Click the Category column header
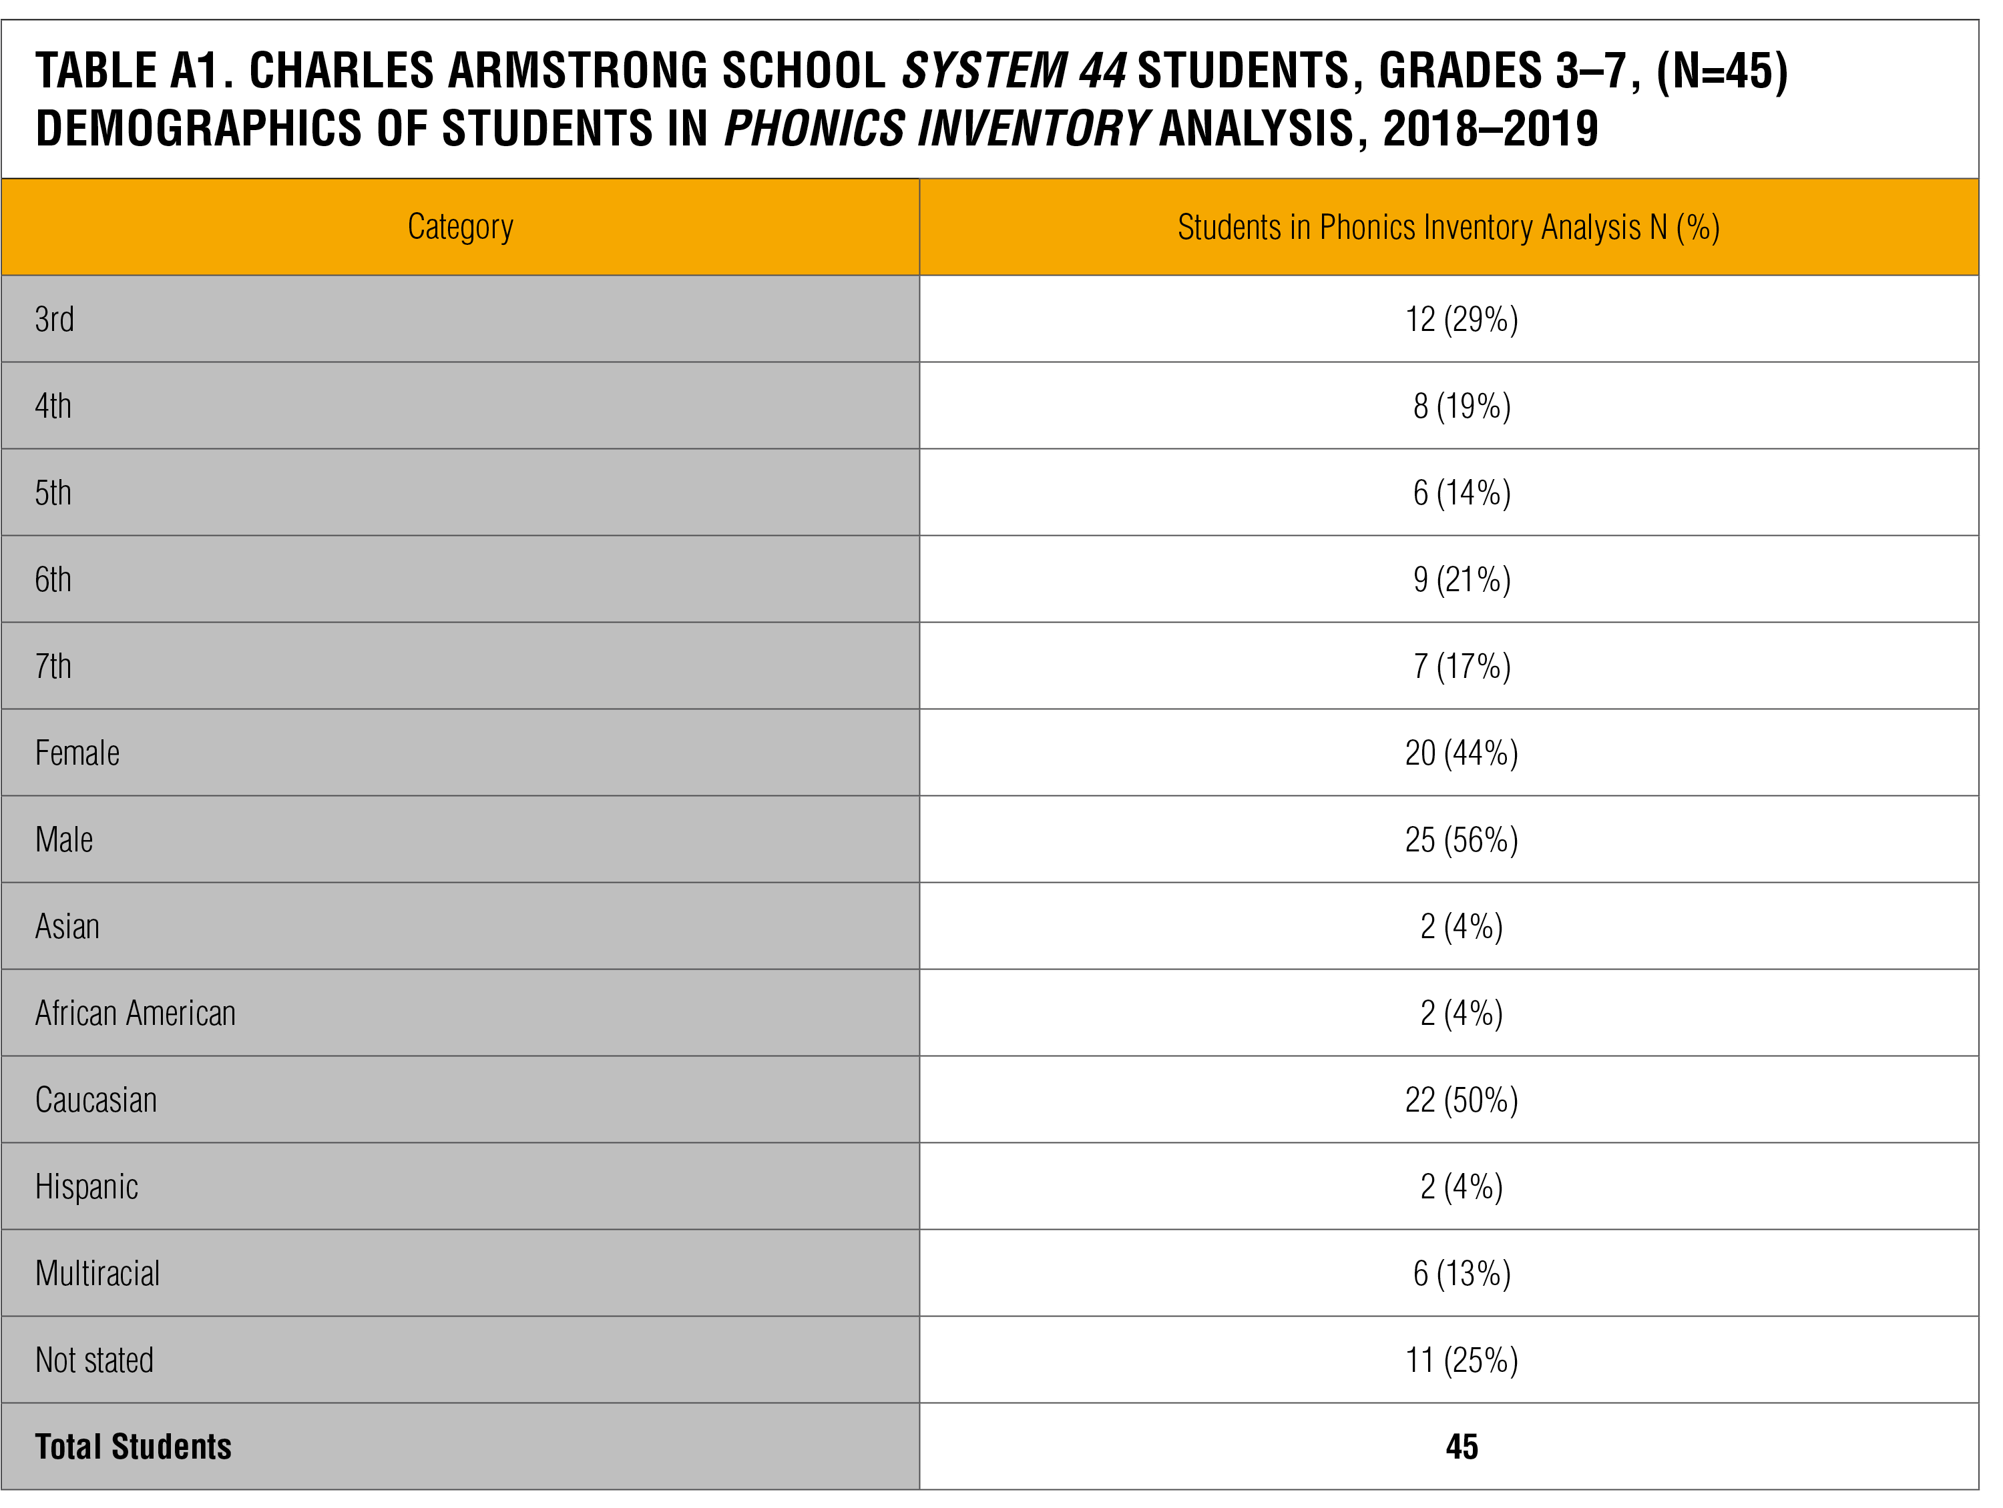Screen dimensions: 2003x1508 click(x=460, y=226)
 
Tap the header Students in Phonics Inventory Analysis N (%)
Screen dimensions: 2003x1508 click(x=1448, y=227)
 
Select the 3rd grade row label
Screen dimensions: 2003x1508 click(x=54, y=320)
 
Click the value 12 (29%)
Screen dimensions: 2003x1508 click(x=1462, y=320)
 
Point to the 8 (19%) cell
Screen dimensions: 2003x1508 click(x=1462, y=406)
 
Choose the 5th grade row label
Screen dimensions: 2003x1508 click(x=53, y=493)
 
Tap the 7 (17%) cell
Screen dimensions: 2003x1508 click(x=1462, y=666)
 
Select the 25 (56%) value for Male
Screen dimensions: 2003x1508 click(x=1462, y=840)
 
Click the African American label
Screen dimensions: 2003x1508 click(x=135, y=1014)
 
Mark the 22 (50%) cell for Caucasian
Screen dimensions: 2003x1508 click(x=1462, y=1100)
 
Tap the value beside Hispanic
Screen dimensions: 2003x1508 click(x=1462, y=1186)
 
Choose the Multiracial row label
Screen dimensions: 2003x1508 click(x=97, y=1274)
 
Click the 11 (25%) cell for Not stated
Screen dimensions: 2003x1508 click(x=1462, y=1361)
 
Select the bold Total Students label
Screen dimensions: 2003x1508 click(x=133, y=1447)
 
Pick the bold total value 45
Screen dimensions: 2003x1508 click(x=1462, y=1447)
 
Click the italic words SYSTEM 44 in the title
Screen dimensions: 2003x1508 click(x=1014, y=71)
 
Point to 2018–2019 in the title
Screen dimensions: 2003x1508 click(x=1490, y=129)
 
